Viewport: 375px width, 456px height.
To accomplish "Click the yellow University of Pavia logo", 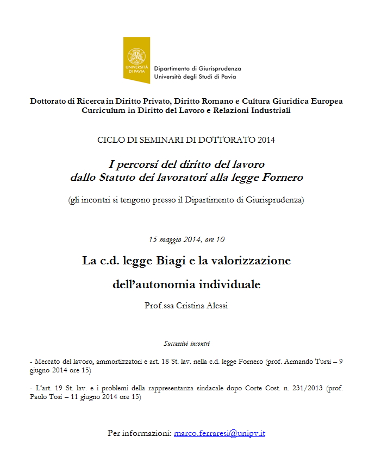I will pos(136,60).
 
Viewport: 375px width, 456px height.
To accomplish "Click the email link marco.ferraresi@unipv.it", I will pos(219,433).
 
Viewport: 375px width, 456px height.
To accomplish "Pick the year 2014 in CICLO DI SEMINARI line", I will pos(266,140).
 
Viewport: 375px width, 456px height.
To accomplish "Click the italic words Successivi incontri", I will pos(187,344).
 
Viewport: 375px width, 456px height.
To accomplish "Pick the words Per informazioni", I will pos(140,433).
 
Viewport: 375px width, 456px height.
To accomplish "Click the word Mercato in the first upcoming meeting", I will pos(49,360).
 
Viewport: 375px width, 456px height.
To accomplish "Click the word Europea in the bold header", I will pos(327,101).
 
